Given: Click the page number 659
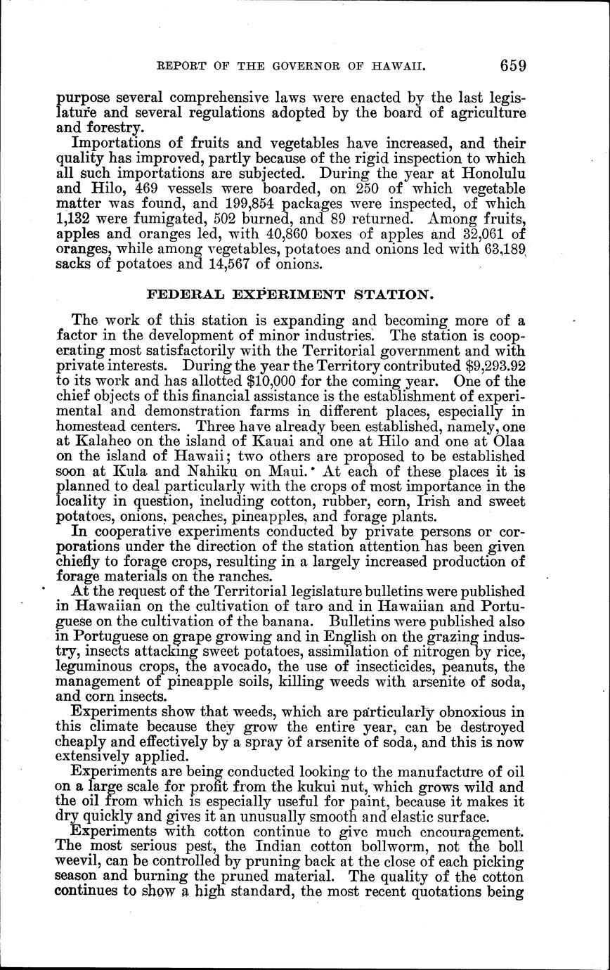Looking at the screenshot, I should (514, 65).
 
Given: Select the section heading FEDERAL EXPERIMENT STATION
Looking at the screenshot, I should (290, 295).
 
